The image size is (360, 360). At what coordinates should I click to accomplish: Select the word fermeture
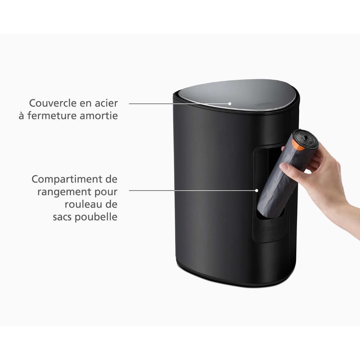tap(52, 116)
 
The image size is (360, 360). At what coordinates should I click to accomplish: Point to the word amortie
tap(99, 116)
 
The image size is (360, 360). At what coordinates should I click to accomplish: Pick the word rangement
tap(64, 192)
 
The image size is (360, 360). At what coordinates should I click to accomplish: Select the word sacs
tap(62, 217)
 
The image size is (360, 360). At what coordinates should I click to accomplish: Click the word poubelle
tap(96, 217)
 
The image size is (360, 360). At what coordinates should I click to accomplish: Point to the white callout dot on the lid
tap(230, 104)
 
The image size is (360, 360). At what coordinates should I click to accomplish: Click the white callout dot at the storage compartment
tap(257, 190)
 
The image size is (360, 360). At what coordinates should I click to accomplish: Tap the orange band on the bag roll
tap(298, 145)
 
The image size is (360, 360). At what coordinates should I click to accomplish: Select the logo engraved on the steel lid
tap(264, 104)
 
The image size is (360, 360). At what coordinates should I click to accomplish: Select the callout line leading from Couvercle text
tap(179, 104)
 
